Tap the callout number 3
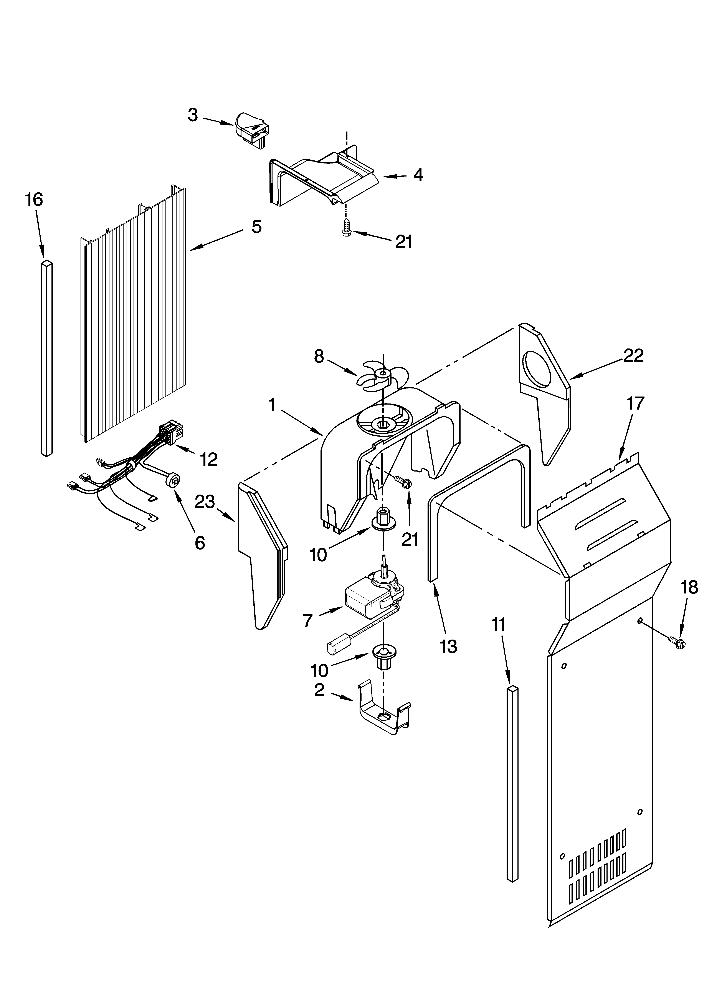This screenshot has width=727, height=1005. pos(193,115)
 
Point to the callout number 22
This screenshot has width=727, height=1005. pos(633,355)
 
